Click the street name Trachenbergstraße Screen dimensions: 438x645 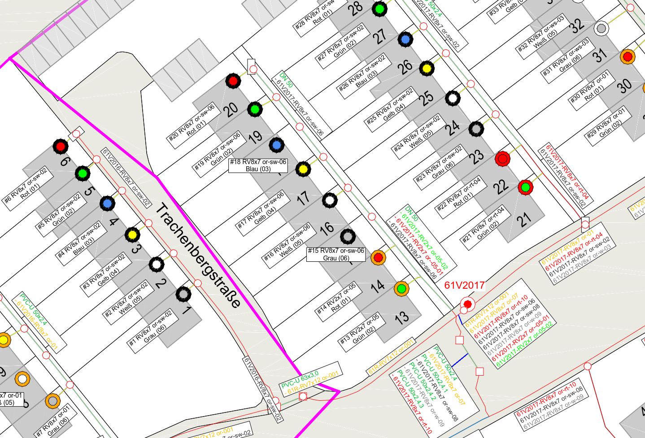197,256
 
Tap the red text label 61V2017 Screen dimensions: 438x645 464,285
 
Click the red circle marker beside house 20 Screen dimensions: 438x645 232,82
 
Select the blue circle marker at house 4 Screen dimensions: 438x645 107,204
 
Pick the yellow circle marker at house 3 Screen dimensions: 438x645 132,234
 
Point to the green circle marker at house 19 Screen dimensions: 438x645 254,109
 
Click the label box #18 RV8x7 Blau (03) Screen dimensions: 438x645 258,165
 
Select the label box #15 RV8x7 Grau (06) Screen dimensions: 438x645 336,254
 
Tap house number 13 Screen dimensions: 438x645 401,318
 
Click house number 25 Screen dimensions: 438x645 427,97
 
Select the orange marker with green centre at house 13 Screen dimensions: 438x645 401,288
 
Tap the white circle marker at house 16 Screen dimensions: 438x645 330,200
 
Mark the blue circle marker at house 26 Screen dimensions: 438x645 405,39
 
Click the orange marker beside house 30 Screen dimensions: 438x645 628,57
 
